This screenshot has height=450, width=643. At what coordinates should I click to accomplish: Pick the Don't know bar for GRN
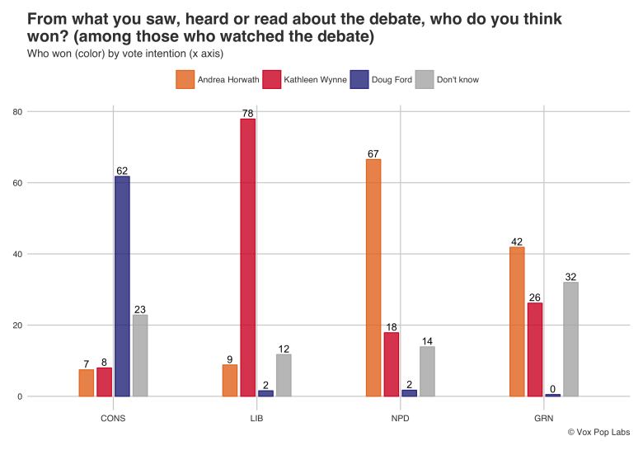coord(570,339)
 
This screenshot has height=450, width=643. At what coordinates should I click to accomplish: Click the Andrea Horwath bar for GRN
coord(517,321)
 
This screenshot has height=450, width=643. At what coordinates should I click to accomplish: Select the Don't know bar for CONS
coord(140,355)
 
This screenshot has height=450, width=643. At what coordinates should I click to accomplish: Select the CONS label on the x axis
coord(113,418)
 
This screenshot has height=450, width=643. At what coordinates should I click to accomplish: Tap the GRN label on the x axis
coord(543,418)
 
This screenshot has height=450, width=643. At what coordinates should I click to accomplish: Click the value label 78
coord(247,113)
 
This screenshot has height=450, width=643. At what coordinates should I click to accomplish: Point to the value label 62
coord(122,171)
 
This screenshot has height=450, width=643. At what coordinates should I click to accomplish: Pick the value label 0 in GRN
coord(552,388)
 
